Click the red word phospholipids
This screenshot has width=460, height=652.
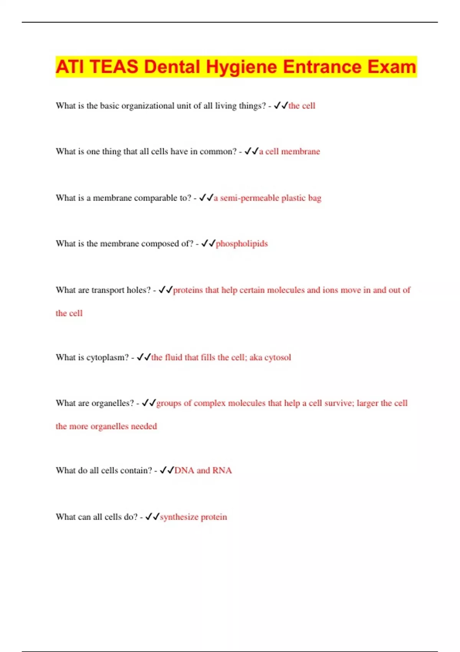point(242,244)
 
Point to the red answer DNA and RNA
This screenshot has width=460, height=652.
point(203,471)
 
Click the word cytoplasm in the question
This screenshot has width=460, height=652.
point(108,357)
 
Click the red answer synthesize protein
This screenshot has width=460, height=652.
point(194,517)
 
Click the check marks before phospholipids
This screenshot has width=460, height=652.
point(208,243)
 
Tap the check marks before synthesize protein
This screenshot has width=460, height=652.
point(152,517)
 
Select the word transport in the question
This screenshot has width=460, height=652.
point(108,290)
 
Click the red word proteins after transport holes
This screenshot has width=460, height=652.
point(188,290)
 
